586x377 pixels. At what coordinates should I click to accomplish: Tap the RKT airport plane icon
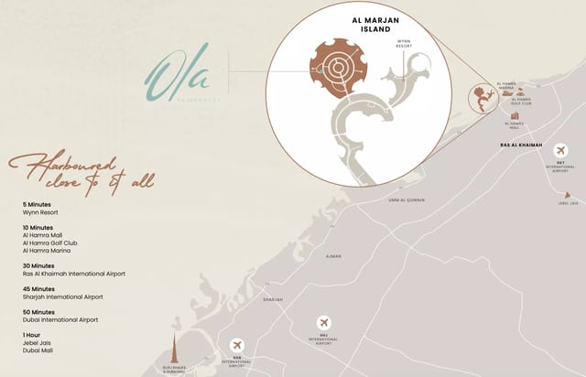click(561, 151)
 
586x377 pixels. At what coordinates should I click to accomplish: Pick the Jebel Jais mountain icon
click(568, 195)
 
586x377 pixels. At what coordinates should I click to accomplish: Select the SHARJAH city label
click(273, 299)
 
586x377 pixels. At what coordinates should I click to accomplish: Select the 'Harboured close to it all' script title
click(81, 172)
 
